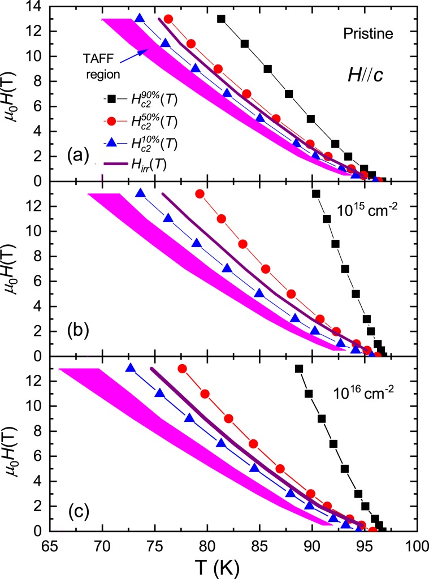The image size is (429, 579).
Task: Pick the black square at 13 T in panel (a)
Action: [221, 19]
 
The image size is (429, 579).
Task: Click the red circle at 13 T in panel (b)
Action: [200, 193]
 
